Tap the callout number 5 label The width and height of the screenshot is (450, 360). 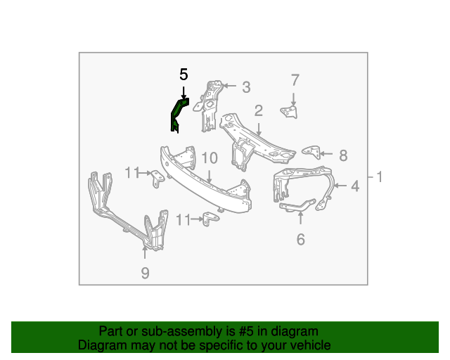point(184,75)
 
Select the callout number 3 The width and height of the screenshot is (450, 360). point(246,87)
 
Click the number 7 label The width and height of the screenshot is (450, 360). point(295,79)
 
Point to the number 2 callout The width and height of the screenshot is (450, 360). point(258,110)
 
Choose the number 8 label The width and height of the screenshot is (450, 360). point(343,155)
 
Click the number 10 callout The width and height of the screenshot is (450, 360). point(209,157)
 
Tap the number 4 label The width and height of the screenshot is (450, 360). point(355,186)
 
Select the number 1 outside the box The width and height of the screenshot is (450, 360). point(380,177)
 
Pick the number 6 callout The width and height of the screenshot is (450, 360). point(301,239)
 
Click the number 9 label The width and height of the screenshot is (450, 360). point(145,273)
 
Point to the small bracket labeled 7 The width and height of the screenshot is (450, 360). point(289,112)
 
